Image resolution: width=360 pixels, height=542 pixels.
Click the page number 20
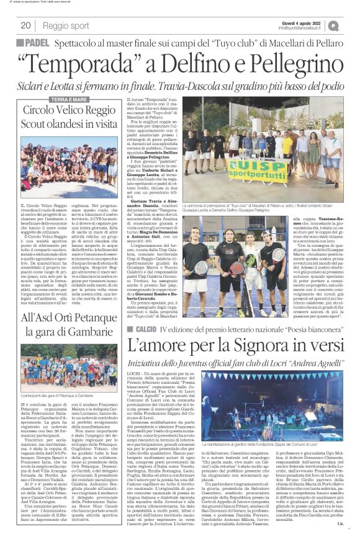(25, 25)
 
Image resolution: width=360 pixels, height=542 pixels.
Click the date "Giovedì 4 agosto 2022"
(301, 21)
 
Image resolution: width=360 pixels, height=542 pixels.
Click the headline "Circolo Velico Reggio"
(69, 110)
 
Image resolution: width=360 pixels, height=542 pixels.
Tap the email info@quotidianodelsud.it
(301, 28)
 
